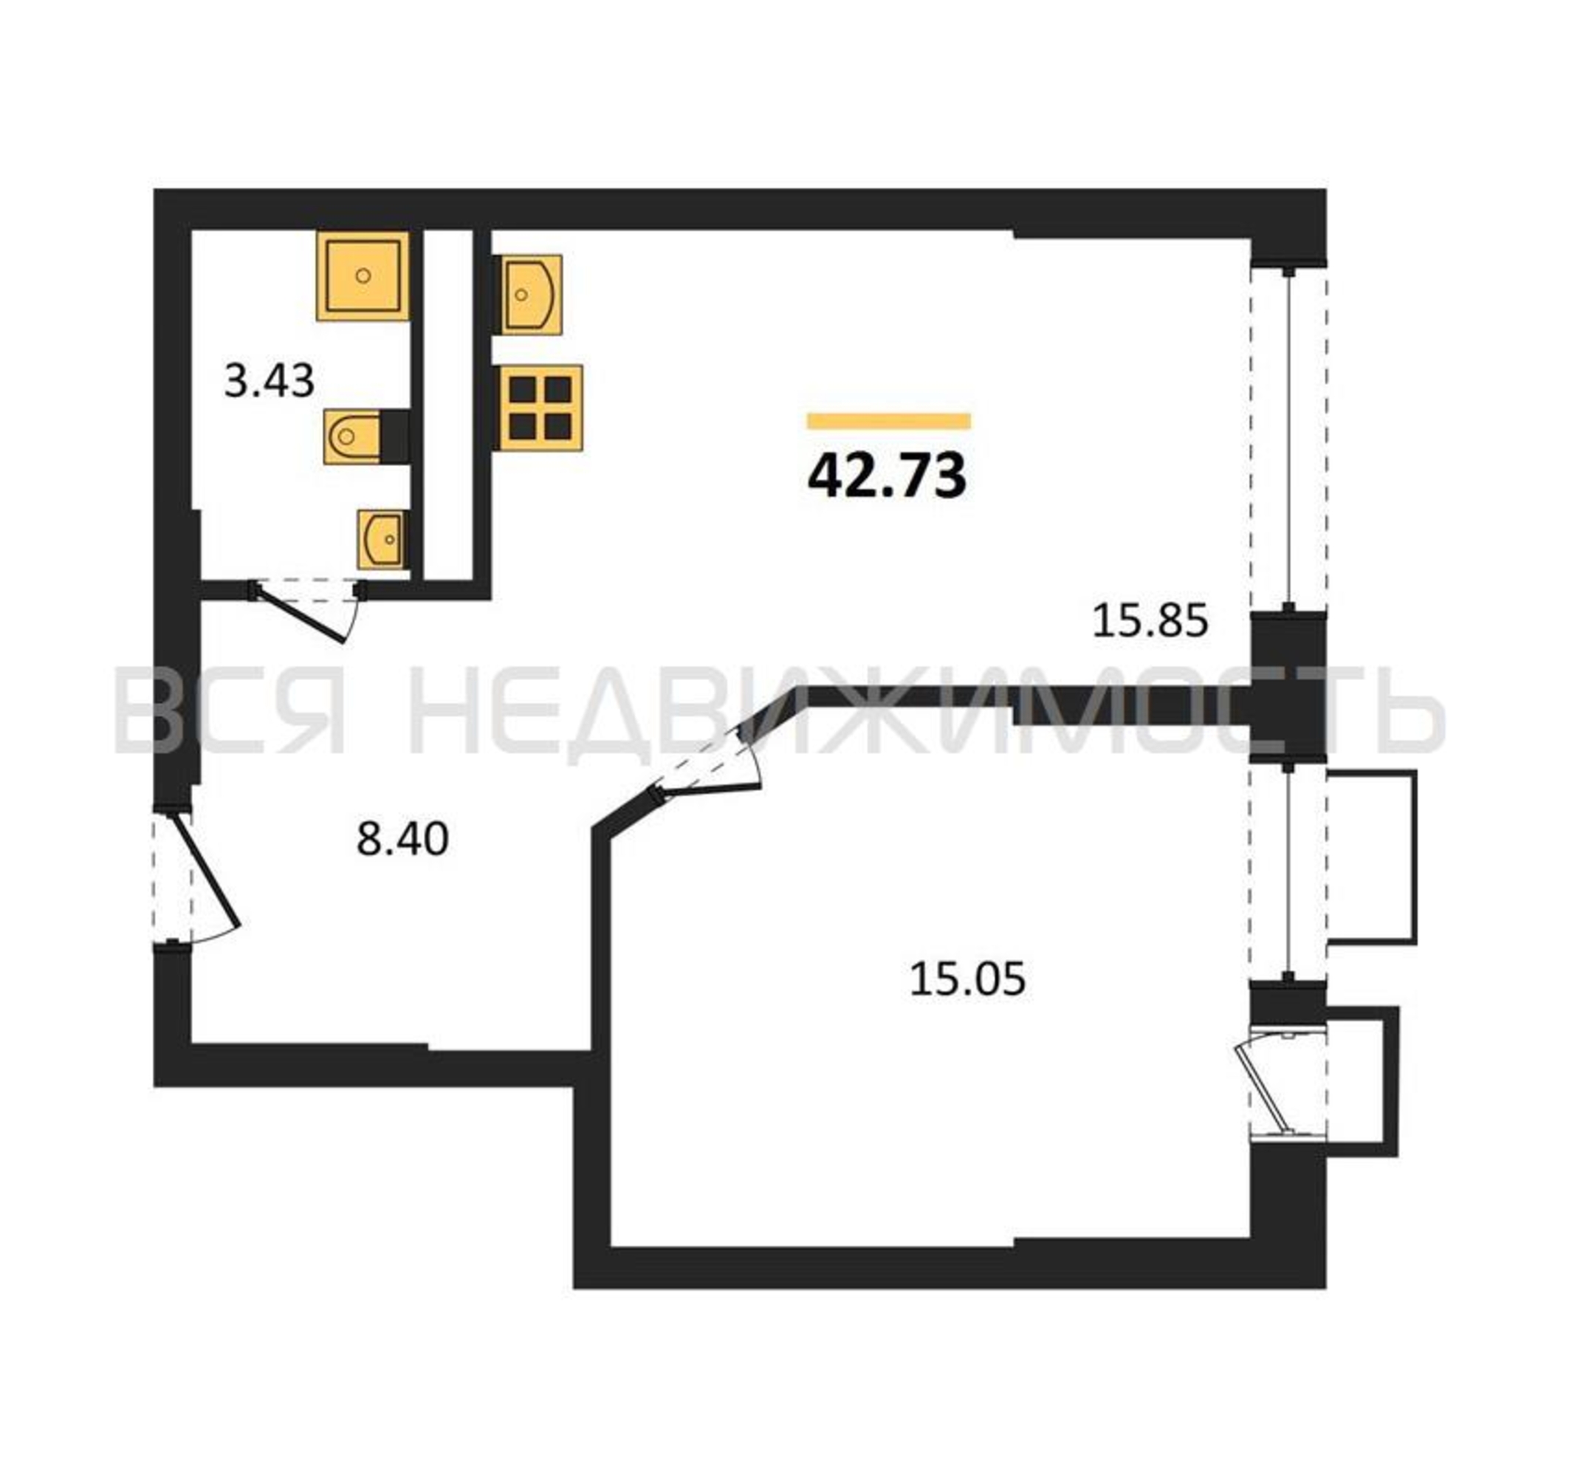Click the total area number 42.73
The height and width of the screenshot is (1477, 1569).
887,477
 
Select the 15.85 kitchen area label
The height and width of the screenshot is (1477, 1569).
1150,620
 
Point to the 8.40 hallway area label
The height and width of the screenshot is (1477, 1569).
402,838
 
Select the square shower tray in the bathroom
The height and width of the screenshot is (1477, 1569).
363,275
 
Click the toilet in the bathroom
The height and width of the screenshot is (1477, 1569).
366,436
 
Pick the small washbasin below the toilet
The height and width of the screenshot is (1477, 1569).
383,539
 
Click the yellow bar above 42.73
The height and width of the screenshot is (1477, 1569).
889,421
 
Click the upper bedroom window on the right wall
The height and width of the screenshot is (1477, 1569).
1288,872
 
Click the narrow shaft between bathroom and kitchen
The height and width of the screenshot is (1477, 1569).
448,404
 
